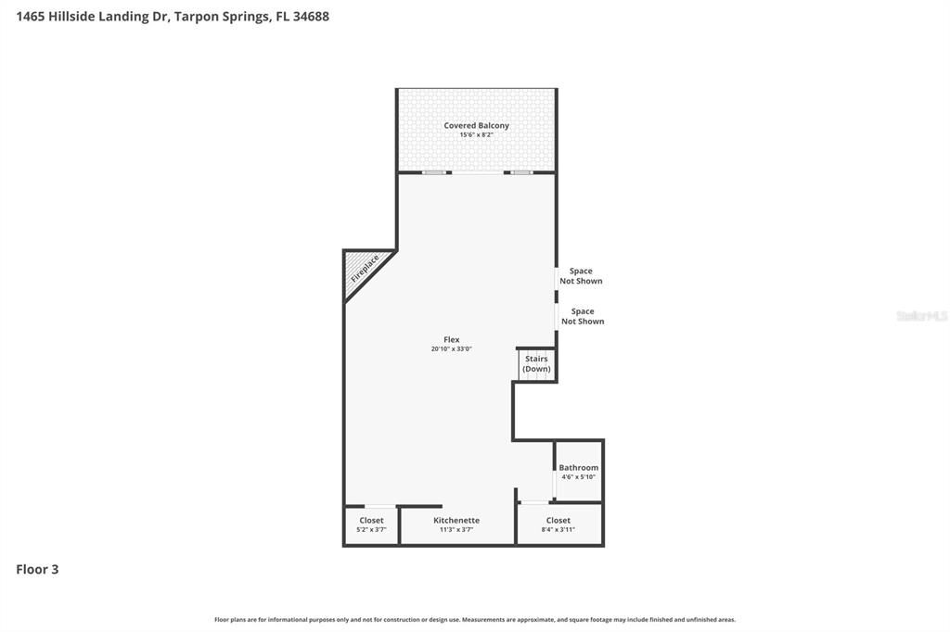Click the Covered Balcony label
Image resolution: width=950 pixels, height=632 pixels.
[x=476, y=125]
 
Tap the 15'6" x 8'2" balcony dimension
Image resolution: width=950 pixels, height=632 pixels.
[x=476, y=134]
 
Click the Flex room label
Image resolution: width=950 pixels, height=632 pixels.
[x=452, y=339]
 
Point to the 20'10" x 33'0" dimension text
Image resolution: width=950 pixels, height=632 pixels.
[x=452, y=348]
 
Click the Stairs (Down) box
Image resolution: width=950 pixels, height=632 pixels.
[x=537, y=364]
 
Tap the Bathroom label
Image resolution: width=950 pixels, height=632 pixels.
[x=579, y=467]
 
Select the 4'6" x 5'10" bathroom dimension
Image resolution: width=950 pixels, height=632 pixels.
[x=579, y=476]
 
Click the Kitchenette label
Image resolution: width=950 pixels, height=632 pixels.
[x=456, y=520]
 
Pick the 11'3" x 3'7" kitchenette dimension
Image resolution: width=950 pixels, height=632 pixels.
[x=456, y=529]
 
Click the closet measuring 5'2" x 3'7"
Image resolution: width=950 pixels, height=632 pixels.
[x=371, y=525]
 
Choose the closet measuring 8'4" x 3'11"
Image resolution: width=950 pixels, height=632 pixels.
[x=558, y=525]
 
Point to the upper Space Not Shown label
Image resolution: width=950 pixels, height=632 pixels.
[x=581, y=276]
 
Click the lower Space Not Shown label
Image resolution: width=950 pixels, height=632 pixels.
[x=583, y=317]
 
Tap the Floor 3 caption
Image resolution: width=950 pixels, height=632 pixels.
[x=37, y=569]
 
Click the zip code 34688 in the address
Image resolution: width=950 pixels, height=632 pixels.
[x=311, y=17]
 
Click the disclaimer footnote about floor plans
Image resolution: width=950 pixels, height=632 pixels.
[x=475, y=619]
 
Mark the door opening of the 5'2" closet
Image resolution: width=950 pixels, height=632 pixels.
[x=379, y=506]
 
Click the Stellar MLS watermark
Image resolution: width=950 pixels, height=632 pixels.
[x=921, y=316]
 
